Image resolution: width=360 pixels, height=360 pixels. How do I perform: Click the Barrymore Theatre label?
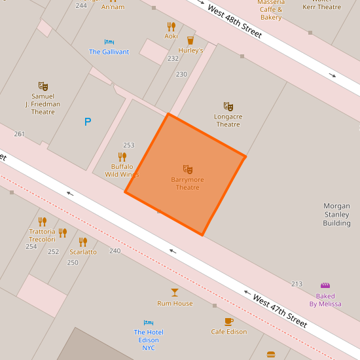coord(188,184)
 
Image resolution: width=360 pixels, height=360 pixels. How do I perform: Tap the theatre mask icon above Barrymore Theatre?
coord(188,170)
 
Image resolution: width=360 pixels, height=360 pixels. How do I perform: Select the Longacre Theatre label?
coord(228,120)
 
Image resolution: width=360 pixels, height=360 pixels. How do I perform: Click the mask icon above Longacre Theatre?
coord(228,106)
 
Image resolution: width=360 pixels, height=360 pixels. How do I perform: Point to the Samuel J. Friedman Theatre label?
coord(43,104)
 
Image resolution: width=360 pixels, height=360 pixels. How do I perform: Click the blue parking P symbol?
coord(87,122)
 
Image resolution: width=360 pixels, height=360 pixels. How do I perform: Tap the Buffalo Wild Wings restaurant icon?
coord(122,157)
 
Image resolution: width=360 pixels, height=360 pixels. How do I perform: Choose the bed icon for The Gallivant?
coord(109,42)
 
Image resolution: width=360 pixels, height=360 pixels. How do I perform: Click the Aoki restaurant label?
coord(171,36)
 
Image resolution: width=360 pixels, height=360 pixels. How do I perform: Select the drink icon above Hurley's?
coord(190,40)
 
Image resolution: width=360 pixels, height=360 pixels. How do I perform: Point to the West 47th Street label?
coord(279,311)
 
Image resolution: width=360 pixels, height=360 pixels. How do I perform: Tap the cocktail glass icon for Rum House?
coord(175,292)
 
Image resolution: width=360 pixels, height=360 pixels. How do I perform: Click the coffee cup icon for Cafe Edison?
coord(228,321)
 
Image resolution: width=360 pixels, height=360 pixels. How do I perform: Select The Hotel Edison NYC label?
coord(149,340)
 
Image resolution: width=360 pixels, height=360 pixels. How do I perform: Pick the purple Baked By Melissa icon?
coord(325,285)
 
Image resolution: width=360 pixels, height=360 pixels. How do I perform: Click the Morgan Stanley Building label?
coord(336,215)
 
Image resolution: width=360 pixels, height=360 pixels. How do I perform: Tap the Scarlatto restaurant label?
coord(83,252)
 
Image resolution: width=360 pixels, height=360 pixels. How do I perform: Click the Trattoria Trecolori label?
coord(43,236)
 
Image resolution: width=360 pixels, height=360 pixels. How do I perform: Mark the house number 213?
coord(297,284)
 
